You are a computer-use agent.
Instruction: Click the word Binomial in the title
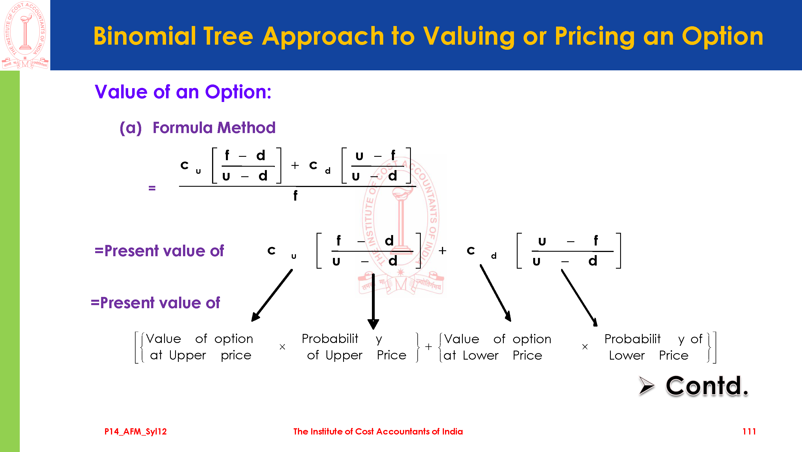pyautogui.click(x=145, y=36)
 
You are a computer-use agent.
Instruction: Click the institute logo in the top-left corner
pyautogui.click(x=25, y=35)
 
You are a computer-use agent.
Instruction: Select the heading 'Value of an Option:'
pyautogui.click(x=183, y=92)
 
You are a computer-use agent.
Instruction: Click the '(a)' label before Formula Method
pyautogui.click(x=131, y=128)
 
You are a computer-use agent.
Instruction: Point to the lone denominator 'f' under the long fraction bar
pyautogui.click(x=295, y=195)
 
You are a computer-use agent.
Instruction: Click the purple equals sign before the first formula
pyautogui.click(x=152, y=188)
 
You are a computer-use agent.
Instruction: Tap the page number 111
pyautogui.click(x=749, y=431)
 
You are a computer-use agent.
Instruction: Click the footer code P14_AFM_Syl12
pyautogui.click(x=136, y=431)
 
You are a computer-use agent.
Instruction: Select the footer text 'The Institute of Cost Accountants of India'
pyautogui.click(x=378, y=431)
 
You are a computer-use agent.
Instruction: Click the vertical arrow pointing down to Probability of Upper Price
pyautogui.click(x=373, y=301)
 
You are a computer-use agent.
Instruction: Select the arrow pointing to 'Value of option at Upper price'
pyautogui.click(x=272, y=295)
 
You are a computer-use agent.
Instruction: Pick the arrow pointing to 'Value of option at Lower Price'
pyautogui.click(x=496, y=293)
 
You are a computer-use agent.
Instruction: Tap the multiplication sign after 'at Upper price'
pyautogui.click(x=282, y=347)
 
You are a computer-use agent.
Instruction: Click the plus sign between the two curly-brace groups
pyautogui.click(x=429, y=347)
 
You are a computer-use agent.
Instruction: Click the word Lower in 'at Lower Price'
pyautogui.click(x=481, y=355)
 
